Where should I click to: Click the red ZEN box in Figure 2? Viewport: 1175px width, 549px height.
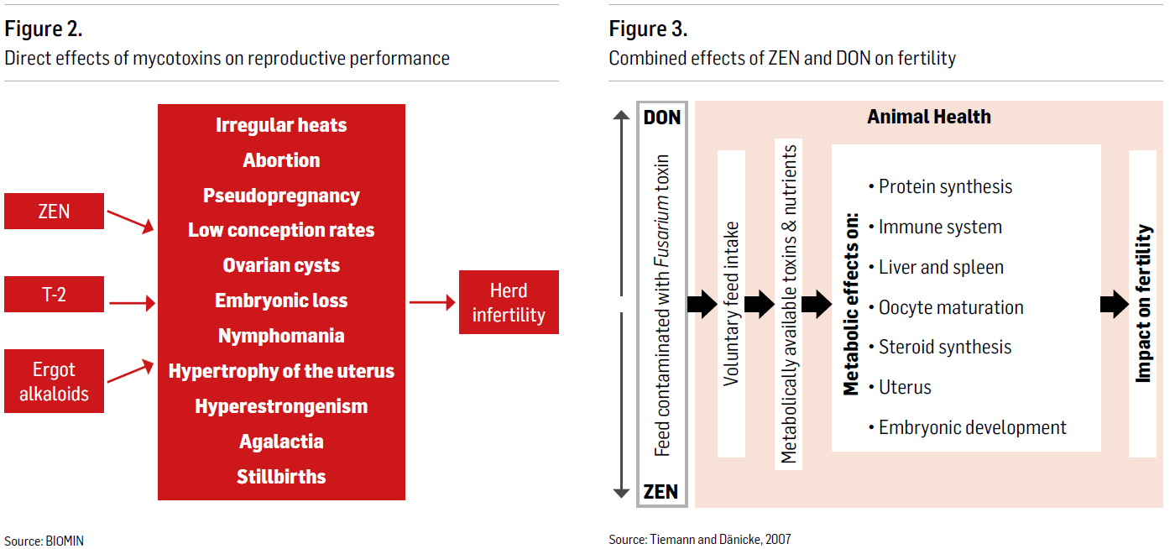point(54,211)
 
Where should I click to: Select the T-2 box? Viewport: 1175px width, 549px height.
point(54,295)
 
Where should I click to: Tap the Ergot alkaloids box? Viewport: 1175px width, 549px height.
point(54,381)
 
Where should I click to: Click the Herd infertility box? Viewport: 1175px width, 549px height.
point(509,302)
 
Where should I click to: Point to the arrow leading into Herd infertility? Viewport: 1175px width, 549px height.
point(432,302)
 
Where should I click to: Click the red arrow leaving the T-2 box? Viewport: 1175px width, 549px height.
point(133,303)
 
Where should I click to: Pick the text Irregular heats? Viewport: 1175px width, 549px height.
point(281,125)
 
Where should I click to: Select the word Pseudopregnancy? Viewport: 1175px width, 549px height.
point(281,196)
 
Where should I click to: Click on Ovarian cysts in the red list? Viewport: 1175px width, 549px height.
point(281,265)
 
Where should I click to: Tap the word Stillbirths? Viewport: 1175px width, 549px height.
point(281,477)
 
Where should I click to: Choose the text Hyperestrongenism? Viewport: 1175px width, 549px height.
point(281,406)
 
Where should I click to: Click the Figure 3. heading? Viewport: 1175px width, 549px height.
point(648,29)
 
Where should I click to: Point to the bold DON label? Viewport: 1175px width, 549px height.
point(662,118)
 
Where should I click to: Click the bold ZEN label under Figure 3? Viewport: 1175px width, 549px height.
point(661,492)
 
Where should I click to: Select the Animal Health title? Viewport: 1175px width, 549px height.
point(929,117)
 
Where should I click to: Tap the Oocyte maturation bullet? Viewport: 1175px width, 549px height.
point(946,307)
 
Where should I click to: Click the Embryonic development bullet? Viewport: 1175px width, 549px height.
point(967,428)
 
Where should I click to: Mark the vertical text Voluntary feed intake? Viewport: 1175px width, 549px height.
point(731,304)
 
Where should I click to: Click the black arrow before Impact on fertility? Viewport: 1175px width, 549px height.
point(1115,304)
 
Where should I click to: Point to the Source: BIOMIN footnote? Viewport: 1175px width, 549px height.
point(44,541)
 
